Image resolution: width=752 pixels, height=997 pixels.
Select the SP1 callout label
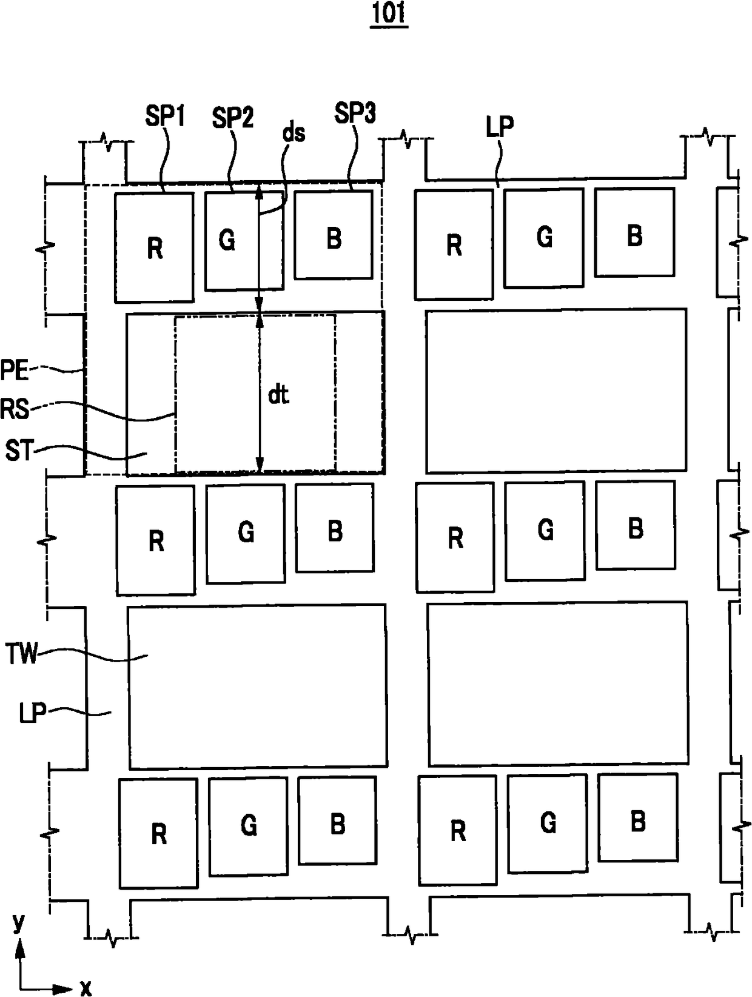pyautogui.click(x=165, y=116)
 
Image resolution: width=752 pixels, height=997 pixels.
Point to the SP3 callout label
pyautogui.click(x=355, y=113)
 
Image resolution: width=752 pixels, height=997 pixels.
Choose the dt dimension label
pyautogui.click(x=278, y=395)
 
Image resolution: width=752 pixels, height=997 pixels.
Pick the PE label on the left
pyautogui.click(x=15, y=371)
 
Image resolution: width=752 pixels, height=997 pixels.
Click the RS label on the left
pyautogui.click(x=15, y=409)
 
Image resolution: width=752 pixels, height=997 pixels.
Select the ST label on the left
pyautogui.click(x=18, y=451)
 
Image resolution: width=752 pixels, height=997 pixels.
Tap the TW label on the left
pyautogui.click(x=21, y=654)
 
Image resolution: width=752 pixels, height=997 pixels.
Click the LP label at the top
pyautogui.click(x=500, y=126)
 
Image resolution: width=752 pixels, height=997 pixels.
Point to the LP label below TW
pyautogui.click(x=33, y=713)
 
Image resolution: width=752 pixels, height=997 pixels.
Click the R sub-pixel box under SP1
pyautogui.click(x=154, y=247)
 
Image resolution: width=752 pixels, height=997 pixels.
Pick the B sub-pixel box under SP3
pyautogui.click(x=333, y=235)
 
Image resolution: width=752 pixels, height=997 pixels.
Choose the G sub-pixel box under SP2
pyautogui.click(x=244, y=241)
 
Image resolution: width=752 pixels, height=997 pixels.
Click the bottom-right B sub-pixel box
pyautogui.click(x=637, y=817)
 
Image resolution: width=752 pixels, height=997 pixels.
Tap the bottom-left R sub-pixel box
pyautogui.click(x=158, y=833)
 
